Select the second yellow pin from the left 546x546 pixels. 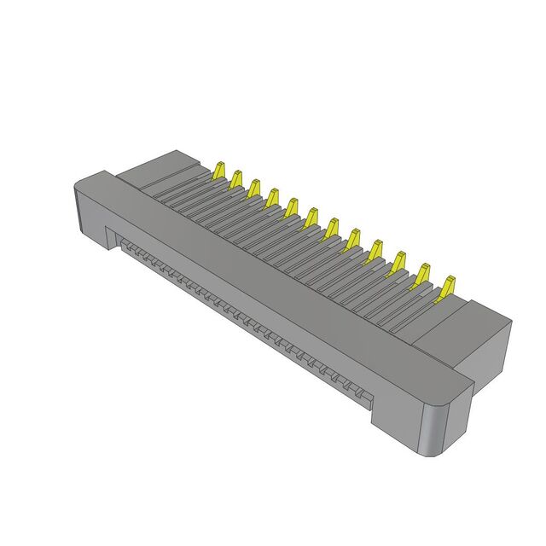(235, 178)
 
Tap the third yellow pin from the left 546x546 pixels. (254, 188)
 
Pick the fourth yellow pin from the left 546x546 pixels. (272, 197)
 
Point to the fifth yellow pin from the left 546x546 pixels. (292, 207)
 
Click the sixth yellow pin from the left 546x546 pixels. (311, 218)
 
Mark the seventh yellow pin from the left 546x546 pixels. (331, 228)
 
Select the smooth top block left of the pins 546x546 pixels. (162, 171)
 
